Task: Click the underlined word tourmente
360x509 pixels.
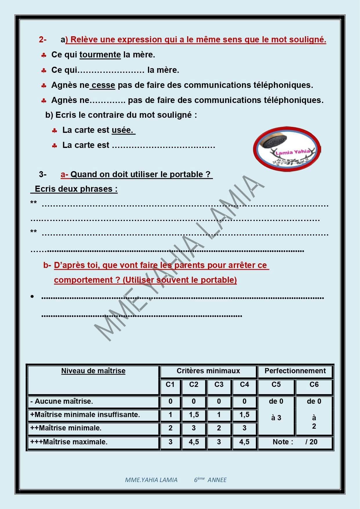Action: point(100,55)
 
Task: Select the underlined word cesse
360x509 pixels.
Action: point(103,85)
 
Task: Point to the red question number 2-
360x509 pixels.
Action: point(43,39)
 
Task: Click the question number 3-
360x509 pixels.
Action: point(43,174)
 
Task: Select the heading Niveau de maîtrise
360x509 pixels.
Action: point(93,371)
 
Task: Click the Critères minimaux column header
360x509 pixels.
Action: point(208,371)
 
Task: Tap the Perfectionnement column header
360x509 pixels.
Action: point(295,371)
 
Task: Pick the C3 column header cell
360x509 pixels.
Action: point(219,385)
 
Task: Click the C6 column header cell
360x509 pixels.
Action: point(314,385)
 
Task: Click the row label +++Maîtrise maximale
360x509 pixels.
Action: point(69,442)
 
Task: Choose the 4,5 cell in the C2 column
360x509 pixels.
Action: point(194,442)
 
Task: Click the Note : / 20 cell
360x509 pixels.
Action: point(295,442)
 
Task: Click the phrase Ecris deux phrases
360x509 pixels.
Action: point(76,189)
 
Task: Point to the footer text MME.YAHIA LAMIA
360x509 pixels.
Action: point(151,480)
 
